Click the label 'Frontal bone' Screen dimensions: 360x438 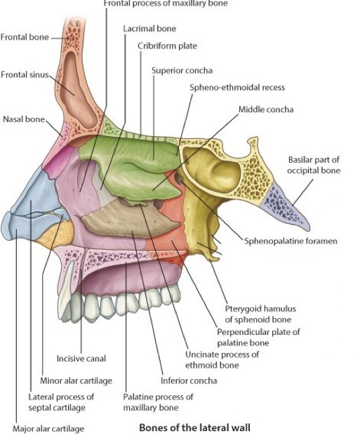[25, 37]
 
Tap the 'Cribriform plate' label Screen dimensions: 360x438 [167, 46]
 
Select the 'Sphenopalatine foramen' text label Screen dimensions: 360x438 [291, 241]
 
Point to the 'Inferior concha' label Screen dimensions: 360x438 [189, 380]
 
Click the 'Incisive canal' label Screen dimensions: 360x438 [81, 359]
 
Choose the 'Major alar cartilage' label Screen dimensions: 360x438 [48, 428]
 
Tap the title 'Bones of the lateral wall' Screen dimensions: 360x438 [194, 427]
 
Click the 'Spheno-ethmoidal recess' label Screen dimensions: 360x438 [237, 88]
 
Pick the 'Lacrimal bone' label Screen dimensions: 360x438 [149, 29]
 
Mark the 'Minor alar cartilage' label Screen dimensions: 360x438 [76, 380]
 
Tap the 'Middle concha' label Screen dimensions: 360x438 [266, 109]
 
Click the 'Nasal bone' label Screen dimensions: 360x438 [24, 119]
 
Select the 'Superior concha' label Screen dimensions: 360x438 [182, 70]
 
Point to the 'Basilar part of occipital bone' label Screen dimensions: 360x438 [314, 165]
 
